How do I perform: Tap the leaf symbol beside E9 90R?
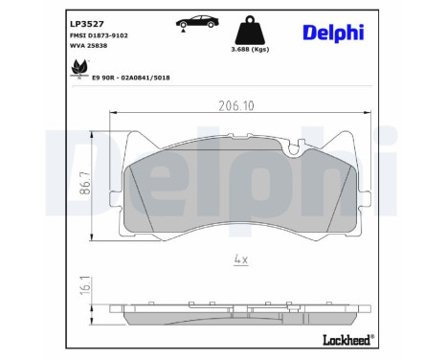point(78,66)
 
